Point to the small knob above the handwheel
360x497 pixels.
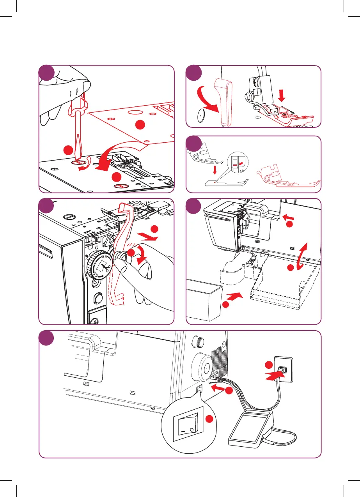tap(199, 343)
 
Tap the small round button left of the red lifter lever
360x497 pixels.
tap(200, 115)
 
